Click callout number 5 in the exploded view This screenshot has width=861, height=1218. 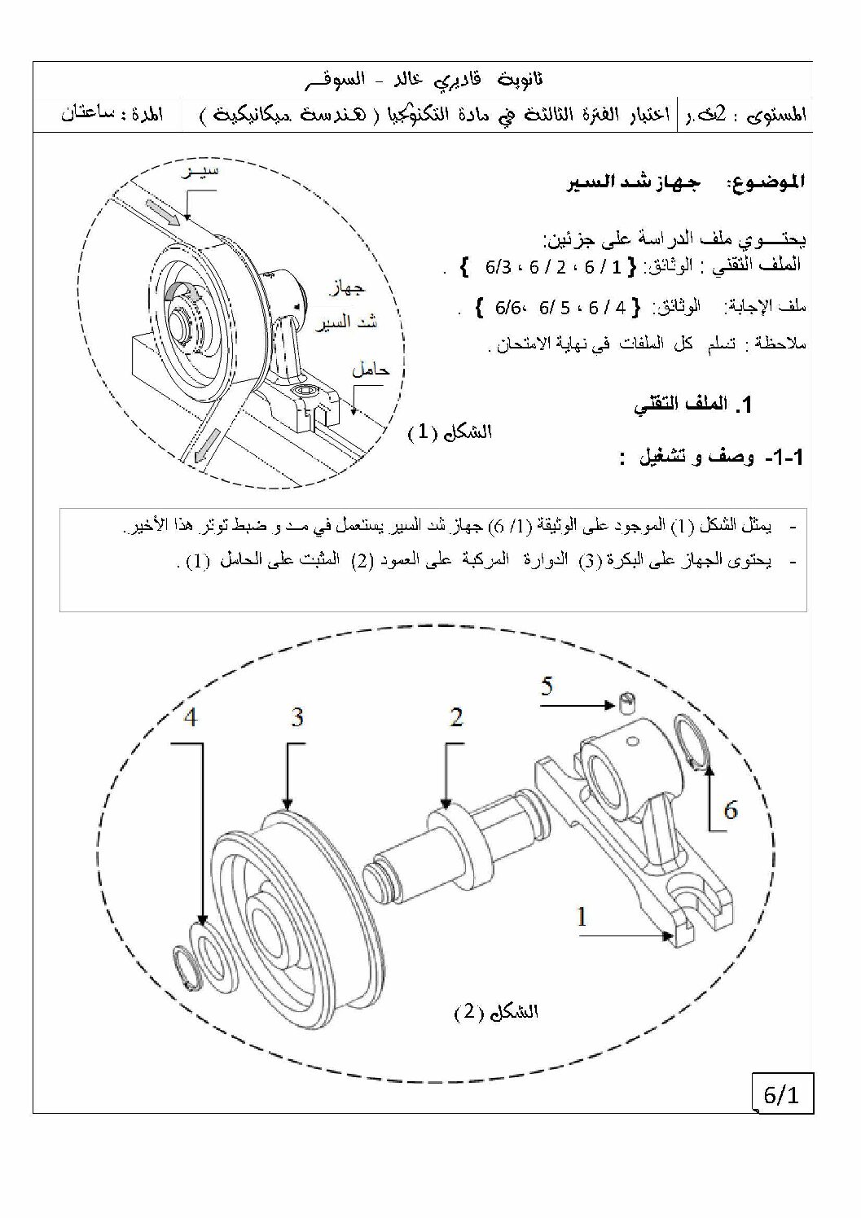tap(547, 686)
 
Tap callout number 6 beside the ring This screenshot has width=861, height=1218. tap(731, 811)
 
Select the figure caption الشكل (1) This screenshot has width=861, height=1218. tap(450, 432)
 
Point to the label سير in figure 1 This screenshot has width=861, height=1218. tap(200, 171)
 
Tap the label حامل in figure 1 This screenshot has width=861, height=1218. tap(371, 370)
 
